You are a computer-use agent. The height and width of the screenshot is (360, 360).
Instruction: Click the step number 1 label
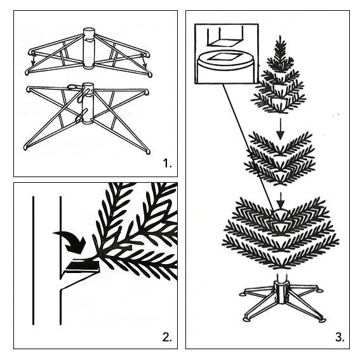[167, 163]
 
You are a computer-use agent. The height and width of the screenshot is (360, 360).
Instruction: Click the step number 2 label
[167, 337]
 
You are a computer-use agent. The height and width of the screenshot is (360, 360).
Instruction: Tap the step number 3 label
[340, 337]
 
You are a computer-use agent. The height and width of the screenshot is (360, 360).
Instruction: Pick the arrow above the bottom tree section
[281, 201]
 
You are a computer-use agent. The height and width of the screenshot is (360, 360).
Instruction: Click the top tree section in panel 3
[279, 75]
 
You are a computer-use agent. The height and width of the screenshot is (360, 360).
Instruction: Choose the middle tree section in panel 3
[279, 159]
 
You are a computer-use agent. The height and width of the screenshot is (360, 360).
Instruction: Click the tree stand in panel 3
[282, 298]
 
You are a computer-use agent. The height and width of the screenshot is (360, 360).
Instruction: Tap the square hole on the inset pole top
[225, 57]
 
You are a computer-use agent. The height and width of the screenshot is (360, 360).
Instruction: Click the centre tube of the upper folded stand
[89, 48]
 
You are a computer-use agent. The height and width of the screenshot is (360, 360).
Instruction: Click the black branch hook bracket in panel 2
[82, 266]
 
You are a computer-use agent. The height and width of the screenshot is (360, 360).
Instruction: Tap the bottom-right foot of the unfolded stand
[148, 152]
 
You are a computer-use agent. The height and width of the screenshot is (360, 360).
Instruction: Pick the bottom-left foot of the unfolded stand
[25, 147]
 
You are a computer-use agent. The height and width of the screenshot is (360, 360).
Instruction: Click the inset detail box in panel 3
[227, 53]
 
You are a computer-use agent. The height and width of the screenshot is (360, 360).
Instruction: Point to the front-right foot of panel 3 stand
[322, 320]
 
